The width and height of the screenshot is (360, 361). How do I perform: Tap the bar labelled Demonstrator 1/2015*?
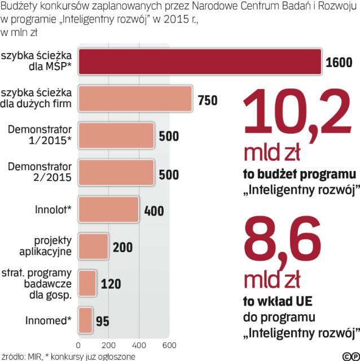[x=116, y=136]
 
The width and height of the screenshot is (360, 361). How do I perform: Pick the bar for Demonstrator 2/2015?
[x=116, y=173]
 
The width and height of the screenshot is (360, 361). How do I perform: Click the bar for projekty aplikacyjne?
[x=93, y=246]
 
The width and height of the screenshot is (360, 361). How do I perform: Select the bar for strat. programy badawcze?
[x=87, y=283]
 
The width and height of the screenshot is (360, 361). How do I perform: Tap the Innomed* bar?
[x=85, y=320]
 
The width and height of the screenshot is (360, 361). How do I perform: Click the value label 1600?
[x=339, y=62]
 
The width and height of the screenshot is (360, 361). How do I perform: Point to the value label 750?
[x=208, y=100]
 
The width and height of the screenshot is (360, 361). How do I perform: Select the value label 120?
[x=111, y=284]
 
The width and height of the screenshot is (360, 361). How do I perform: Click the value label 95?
[x=103, y=321]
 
